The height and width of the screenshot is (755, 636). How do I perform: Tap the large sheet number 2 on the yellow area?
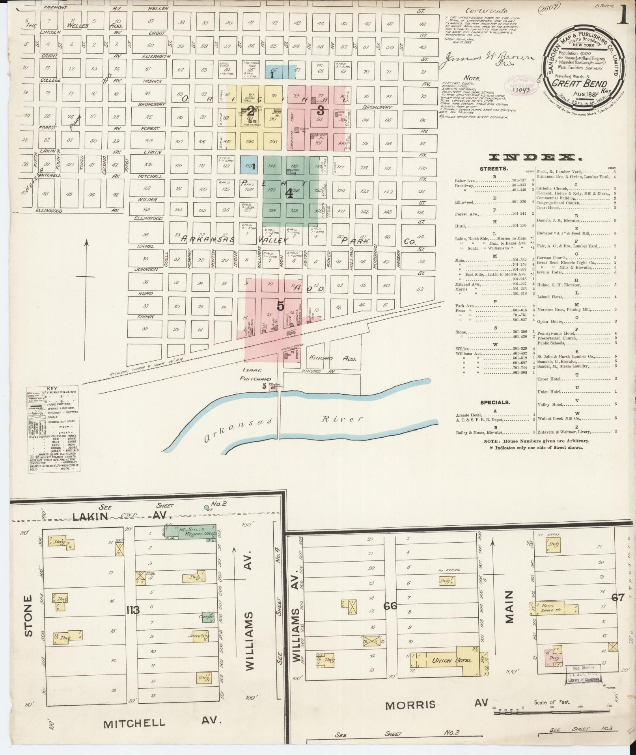(x=250, y=110)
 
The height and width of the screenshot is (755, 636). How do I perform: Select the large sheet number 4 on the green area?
(x=289, y=193)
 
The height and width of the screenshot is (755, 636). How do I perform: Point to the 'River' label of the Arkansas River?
(x=341, y=419)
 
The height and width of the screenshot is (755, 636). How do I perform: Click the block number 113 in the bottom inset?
(x=133, y=610)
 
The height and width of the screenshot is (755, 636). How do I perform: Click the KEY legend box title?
(x=52, y=388)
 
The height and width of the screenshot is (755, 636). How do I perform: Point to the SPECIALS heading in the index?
(x=495, y=403)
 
